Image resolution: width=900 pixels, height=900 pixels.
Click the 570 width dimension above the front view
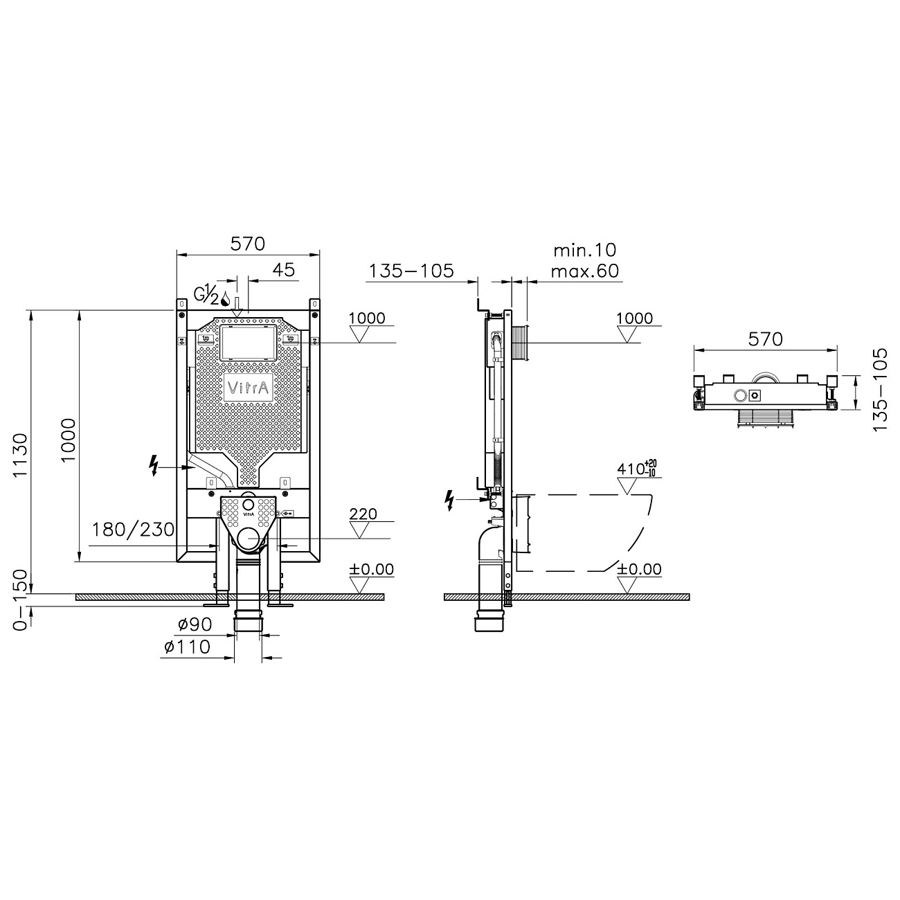(x=248, y=243)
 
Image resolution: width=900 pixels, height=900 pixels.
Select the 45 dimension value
(x=283, y=269)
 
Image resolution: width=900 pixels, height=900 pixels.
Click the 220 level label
(x=363, y=514)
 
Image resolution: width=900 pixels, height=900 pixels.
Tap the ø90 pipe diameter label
(x=195, y=624)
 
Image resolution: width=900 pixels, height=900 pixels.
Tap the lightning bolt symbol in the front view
(x=154, y=465)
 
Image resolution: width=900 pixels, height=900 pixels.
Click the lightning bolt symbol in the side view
(x=451, y=499)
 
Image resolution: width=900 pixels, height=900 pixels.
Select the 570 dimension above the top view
(x=765, y=339)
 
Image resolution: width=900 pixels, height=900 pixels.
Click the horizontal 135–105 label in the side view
(x=411, y=271)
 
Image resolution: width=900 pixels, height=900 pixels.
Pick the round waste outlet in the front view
(x=248, y=538)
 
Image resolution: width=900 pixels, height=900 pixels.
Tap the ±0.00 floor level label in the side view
(x=639, y=570)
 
